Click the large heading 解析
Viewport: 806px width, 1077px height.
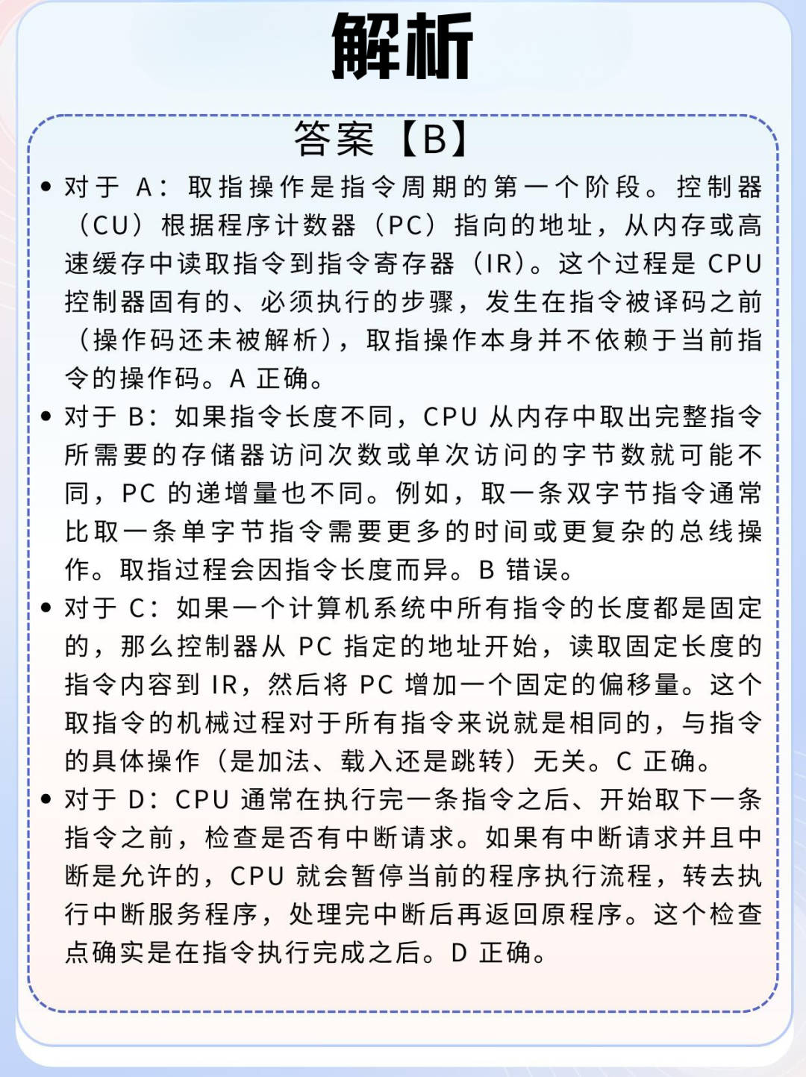(402, 46)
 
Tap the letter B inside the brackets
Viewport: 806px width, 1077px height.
(434, 139)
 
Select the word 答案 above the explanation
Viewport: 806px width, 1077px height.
(334, 139)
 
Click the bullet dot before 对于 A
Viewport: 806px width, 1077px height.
(47, 187)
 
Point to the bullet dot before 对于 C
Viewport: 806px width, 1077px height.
(47, 608)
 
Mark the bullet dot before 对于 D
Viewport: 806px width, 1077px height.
(47, 799)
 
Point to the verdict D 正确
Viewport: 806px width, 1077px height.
(493, 952)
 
